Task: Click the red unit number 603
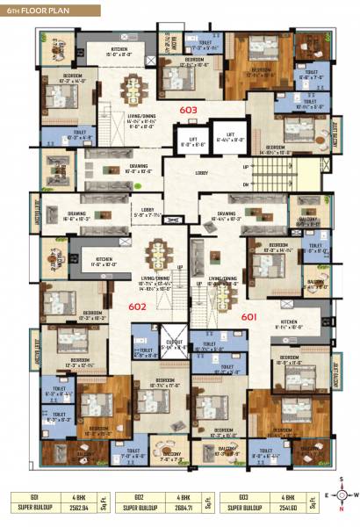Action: click(x=189, y=110)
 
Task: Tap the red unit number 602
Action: click(x=162, y=307)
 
